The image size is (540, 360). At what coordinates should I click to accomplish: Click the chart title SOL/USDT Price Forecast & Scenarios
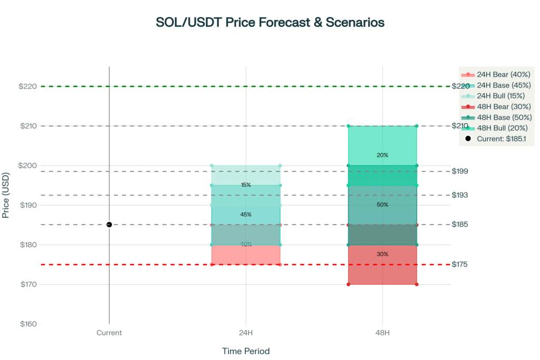click(x=270, y=23)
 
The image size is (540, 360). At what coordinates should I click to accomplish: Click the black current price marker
click(x=109, y=225)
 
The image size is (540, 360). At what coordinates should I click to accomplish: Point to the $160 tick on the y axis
click(x=28, y=324)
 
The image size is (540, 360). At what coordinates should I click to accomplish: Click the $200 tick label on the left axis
click(x=28, y=166)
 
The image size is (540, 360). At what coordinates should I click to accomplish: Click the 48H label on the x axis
click(x=382, y=333)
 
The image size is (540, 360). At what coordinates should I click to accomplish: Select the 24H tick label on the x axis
click(x=246, y=333)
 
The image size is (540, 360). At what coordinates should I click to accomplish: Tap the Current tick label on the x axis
click(x=109, y=333)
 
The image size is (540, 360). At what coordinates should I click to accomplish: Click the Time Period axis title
click(x=246, y=351)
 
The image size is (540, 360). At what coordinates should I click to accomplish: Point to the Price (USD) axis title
click(x=7, y=194)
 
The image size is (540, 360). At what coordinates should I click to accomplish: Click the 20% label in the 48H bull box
click(x=382, y=155)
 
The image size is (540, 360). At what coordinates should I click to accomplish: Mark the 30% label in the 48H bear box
click(x=382, y=254)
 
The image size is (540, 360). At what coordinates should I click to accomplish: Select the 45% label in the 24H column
click(x=246, y=215)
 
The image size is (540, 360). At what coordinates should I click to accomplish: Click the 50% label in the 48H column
click(x=382, y=205)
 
